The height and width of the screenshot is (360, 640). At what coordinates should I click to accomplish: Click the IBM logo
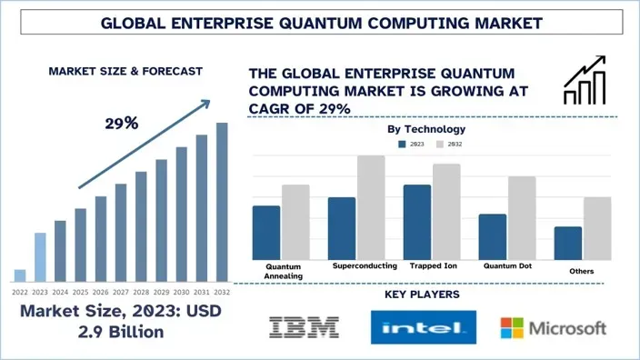[x=305, y=326]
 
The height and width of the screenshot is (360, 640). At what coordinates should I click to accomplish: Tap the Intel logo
[x=424, y=327]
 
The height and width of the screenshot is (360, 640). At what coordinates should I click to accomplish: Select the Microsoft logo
[x=554, y=327]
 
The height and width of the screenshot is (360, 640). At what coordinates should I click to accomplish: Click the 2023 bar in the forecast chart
[x=40, y=257]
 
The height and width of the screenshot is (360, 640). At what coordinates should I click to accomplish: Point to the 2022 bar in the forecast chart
[x=20, y=275]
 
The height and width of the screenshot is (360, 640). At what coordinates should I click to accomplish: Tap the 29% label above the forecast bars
[x=120, y=123]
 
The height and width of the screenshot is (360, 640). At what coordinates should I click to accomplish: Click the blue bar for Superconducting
[x=342, y=228]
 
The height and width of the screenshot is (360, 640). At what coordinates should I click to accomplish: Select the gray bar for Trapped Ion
[x=446, y=211]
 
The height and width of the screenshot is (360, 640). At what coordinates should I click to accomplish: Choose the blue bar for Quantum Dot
[x=492, y=236]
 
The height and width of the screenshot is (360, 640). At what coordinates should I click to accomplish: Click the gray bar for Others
[x=597, y=227]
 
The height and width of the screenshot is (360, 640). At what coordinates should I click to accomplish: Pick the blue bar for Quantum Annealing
[x=266, y=232]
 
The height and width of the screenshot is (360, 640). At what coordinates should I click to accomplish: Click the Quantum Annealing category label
[x=283, y=271]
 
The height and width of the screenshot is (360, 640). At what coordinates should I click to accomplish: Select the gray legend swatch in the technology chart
[x=440, y=144]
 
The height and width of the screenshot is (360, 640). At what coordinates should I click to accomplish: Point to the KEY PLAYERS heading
[x=422, y=295]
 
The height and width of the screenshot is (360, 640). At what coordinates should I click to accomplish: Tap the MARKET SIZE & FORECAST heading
[x=125, y=70]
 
